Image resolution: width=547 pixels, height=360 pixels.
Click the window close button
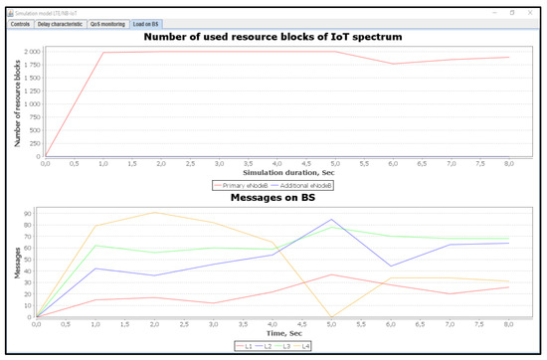(534, 12)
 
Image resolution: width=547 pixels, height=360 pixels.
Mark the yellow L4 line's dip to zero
(330, 317)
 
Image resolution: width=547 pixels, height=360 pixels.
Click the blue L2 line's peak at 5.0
(330, 220)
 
